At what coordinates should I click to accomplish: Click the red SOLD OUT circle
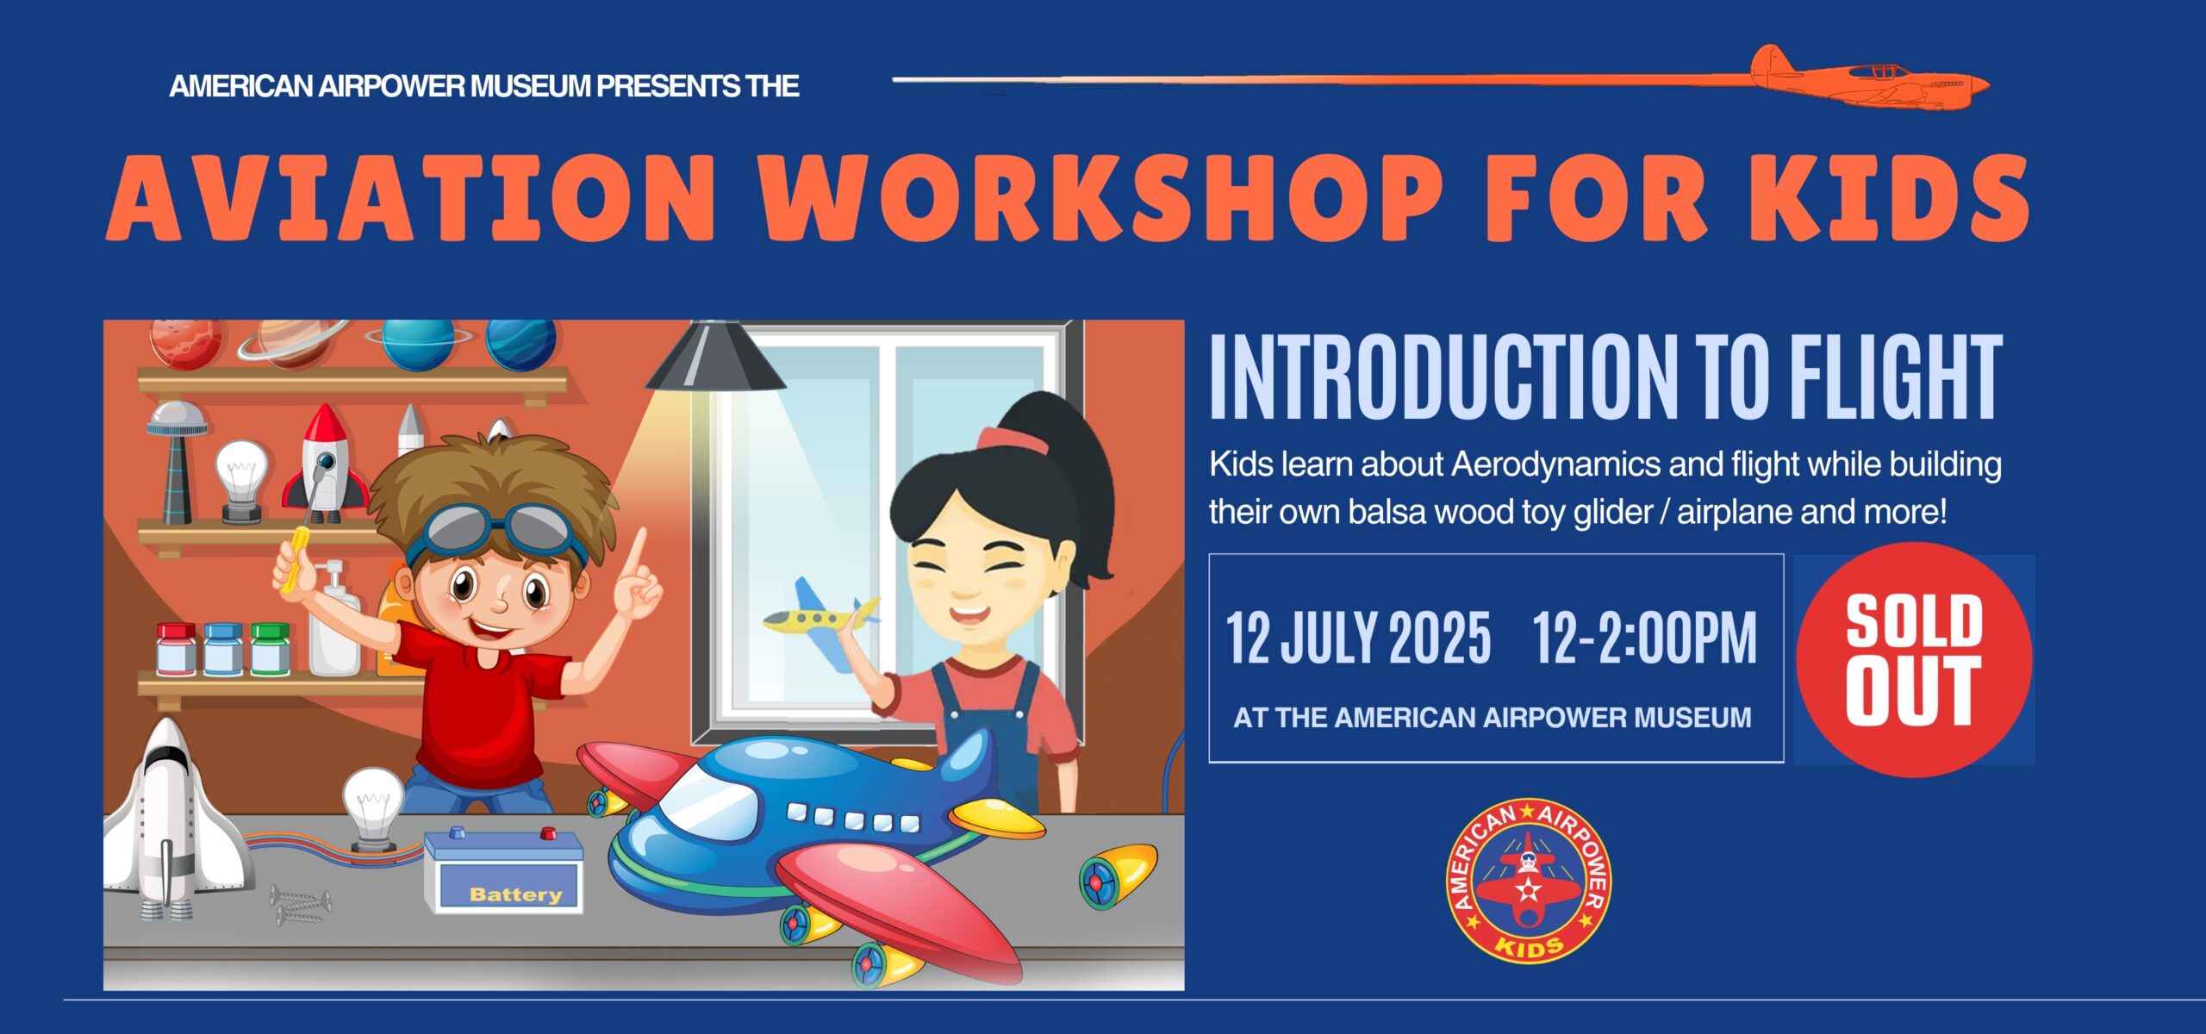[x=1915, y=660]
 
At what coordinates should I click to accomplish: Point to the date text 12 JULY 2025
[x=1358, y=638]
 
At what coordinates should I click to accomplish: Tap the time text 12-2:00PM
[x=1645, y=638]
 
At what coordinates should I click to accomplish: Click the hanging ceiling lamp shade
[x=714, y=356]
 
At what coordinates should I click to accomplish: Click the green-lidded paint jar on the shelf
[x=270, y=648]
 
